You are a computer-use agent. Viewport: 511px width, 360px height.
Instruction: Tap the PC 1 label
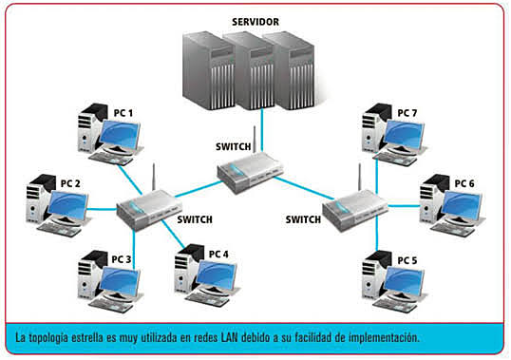click(123, 113)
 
